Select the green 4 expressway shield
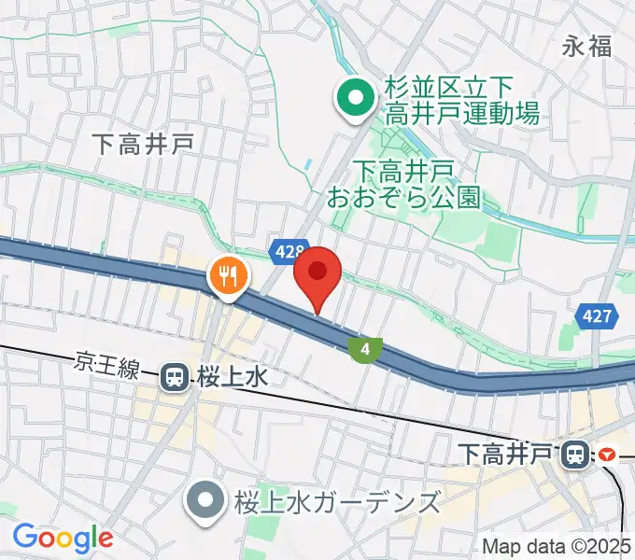coord(365,350)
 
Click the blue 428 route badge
coord(289,251)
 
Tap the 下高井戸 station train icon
coord(575,455)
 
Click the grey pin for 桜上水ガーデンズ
coord(202,501)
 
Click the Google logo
coord(63,537)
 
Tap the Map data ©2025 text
coord(557,545)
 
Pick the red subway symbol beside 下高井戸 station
coord(608,455)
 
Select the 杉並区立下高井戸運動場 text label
coord(461,101)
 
